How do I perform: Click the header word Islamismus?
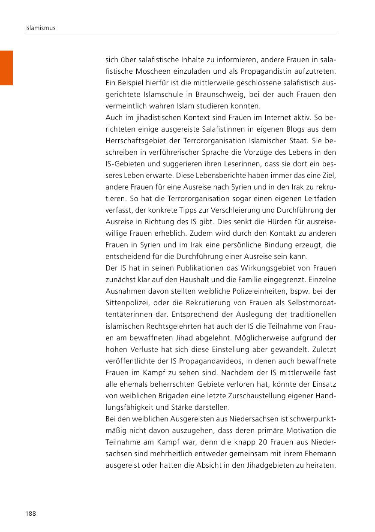(x=40, y=28)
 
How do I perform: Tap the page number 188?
(x=30, y=514)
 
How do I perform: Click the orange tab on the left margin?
(x=6, y=68)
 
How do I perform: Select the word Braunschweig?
(x=213, y=94)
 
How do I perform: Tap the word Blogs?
(x=259, y=129)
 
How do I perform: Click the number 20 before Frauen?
(x=252, y=442)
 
